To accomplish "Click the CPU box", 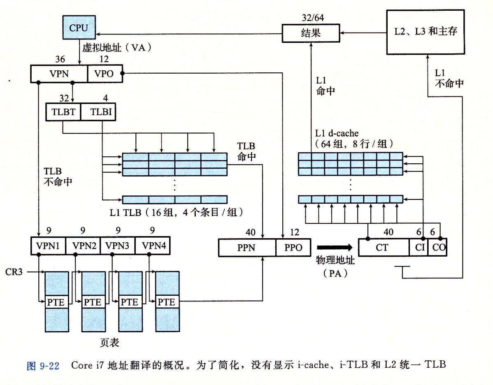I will (78, 28).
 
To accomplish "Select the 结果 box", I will (311, 33).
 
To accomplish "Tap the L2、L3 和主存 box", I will (428, 32).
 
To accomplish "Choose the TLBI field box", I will (98, 112).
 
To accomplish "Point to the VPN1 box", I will (48, 246).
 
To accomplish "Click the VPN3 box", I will (117, 246).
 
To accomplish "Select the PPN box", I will (247, 248).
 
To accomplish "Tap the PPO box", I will (293, 248).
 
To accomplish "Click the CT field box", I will (384, 248).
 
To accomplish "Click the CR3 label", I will (14, 271).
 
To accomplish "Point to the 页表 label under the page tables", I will (110, 342).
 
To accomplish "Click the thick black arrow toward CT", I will (334, 247).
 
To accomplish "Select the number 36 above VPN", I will (60, 59).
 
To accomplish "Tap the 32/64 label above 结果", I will (311, 18).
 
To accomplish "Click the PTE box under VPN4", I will (167, 302).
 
